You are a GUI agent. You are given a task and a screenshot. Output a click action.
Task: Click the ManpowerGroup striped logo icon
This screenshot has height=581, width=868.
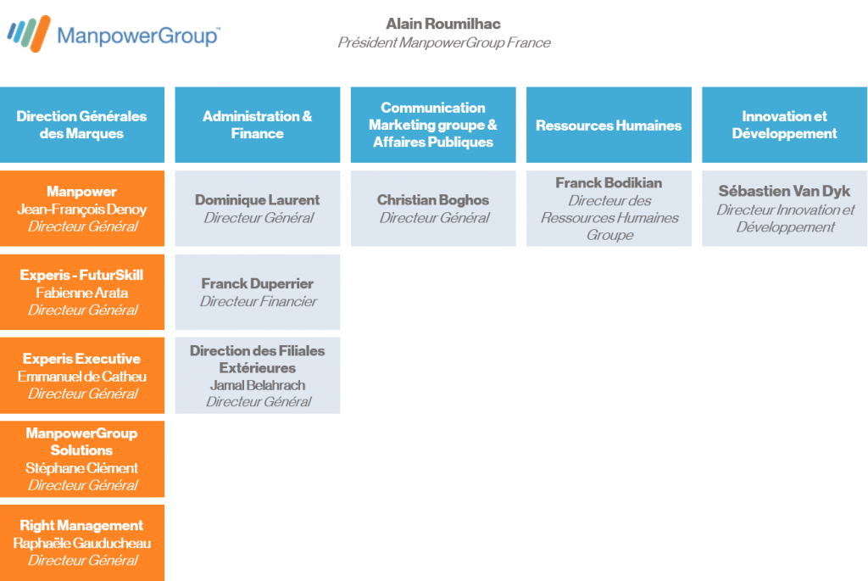29,34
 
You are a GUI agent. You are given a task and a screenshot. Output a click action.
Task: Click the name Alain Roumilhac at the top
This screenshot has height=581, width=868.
442,24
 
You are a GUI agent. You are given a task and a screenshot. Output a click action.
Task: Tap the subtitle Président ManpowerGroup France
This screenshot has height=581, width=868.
444,42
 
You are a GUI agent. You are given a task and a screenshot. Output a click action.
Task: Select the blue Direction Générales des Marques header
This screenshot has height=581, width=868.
82,125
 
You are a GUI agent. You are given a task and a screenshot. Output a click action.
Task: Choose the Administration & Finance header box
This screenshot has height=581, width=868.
258,125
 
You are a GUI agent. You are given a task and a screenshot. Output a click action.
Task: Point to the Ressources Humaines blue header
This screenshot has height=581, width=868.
609,125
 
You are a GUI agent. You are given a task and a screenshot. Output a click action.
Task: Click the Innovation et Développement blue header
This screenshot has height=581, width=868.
784,125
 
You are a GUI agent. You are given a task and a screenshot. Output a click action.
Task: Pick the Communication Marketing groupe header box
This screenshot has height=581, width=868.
433,125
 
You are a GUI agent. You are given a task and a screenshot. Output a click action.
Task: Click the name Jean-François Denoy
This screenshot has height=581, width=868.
82,209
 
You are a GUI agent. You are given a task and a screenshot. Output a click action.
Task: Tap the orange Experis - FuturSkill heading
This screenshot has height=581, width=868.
82,276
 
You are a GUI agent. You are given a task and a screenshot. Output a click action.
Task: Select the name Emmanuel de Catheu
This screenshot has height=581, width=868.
82,377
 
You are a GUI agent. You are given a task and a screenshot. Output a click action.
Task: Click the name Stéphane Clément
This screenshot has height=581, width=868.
82,468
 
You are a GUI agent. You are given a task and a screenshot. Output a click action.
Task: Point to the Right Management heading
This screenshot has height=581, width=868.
82,526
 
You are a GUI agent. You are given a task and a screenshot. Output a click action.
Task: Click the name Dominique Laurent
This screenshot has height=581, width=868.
258,200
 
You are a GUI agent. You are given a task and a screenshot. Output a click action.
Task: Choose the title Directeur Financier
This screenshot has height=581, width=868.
259,301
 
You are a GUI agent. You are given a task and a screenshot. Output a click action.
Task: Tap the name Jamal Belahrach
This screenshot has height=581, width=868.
258,385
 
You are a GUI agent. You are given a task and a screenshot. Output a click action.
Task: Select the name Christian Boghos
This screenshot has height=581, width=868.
433,200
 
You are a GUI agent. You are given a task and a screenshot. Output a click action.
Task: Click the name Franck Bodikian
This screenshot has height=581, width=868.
609,182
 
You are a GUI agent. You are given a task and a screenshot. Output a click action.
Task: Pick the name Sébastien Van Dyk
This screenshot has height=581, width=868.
784,191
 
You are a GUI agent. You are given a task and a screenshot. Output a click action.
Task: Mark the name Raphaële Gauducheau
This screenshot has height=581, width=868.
82,544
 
